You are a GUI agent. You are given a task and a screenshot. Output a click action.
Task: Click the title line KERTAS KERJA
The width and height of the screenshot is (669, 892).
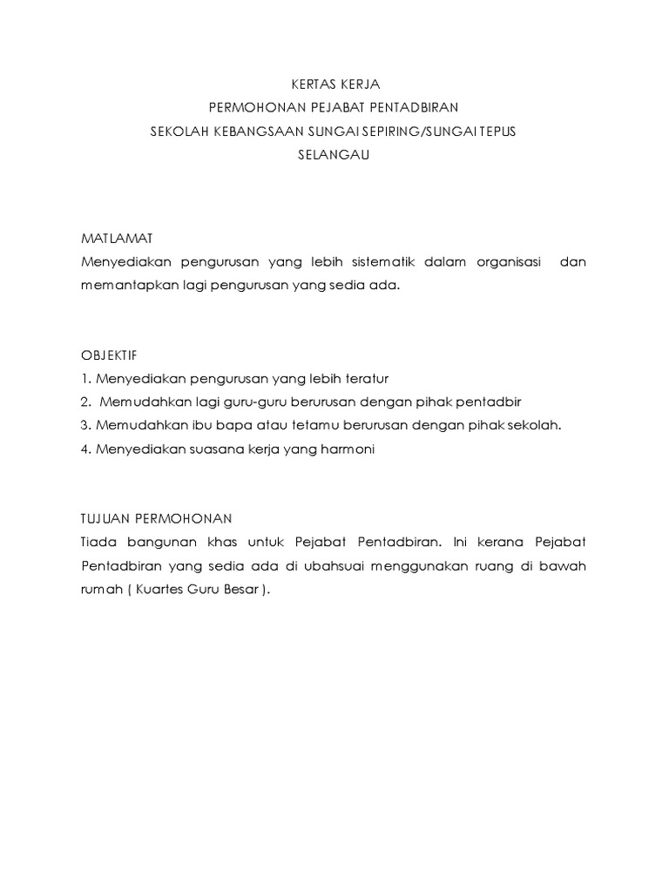(334, 85)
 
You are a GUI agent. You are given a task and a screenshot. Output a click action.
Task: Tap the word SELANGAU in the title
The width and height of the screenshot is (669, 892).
(334, 156)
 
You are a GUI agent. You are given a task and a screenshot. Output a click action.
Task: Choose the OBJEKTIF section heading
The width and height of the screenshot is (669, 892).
(109, 355)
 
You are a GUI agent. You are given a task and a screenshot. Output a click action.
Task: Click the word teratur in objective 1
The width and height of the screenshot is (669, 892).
(366, 379)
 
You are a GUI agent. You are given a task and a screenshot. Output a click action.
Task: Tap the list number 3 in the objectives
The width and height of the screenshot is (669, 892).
(84, 426)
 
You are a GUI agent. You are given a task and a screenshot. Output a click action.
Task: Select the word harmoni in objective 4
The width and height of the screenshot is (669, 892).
(349, 449)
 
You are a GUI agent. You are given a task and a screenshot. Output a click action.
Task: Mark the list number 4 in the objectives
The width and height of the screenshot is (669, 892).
(84, 449)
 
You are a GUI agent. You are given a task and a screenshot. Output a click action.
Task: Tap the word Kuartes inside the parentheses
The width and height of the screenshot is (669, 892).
(164, 590)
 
